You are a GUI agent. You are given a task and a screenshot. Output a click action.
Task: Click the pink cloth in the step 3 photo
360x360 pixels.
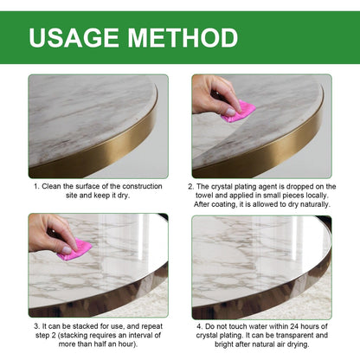tap(75, 250)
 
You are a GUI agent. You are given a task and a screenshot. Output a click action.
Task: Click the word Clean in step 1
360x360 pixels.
tap(55, 186)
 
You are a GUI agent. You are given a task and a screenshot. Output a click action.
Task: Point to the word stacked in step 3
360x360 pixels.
tap(80, 325)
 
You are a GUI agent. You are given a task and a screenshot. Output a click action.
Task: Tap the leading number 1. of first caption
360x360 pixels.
tap(36, 186)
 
